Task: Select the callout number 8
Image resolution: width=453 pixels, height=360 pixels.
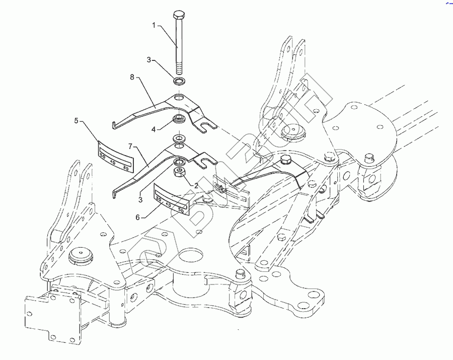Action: click(132, 77)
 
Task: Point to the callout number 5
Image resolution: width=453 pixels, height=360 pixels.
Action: click(77, 120)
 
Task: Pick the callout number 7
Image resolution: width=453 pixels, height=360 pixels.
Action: click(130, 146)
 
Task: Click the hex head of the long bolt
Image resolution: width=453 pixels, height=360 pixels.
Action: click(179, 14)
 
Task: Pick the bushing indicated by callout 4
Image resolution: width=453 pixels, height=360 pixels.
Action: click(179, 120)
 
